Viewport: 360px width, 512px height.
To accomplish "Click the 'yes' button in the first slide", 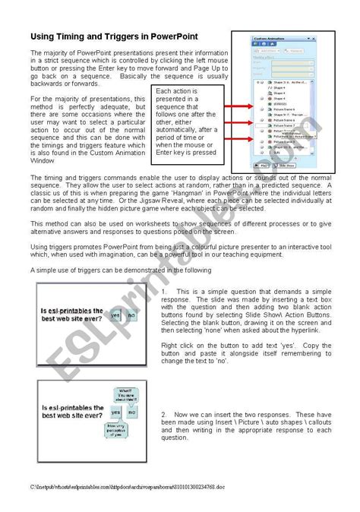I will (x=115, y=314).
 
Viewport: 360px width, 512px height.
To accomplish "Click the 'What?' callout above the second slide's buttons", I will (x=125, y=393).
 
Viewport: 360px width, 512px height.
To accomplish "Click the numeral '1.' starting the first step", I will (x=165, y=291).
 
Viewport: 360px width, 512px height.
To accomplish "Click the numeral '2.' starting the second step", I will (x=165, y=414).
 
